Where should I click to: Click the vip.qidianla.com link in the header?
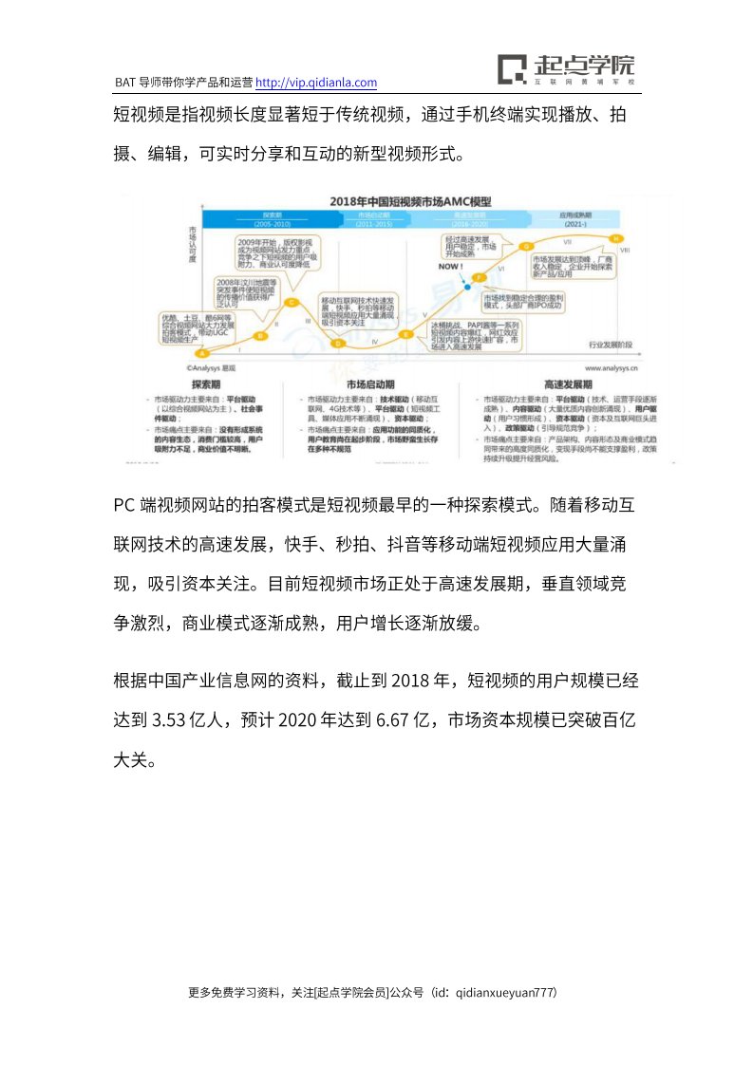[317, 83]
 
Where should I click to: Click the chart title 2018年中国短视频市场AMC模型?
[410, 202]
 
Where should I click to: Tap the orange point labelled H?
[616, 237]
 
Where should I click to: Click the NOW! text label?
[450, 268]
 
